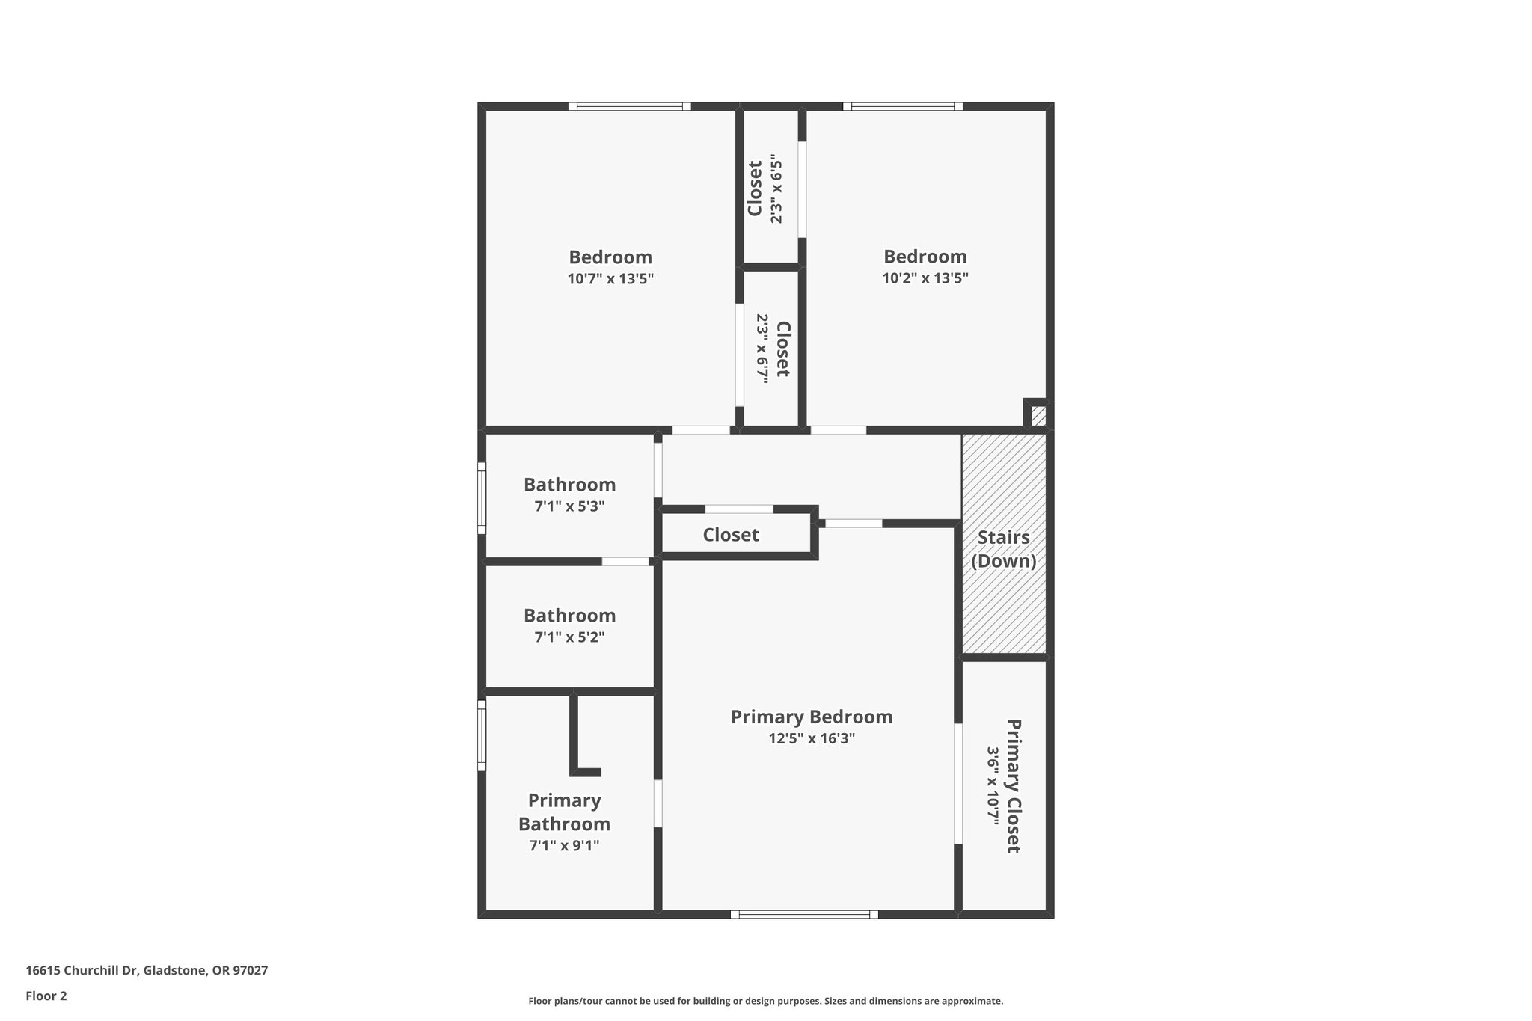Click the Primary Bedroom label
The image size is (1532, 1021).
(x=812, y=717)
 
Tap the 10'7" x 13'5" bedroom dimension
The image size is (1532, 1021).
(x=610, y=279)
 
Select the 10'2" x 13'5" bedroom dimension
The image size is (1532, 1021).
(x=925, y=278)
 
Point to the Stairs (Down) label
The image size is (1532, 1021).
(x=1003, y=549)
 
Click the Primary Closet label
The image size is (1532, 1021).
(x=1014, y=785)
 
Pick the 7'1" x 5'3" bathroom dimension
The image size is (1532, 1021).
(x=569, y=506)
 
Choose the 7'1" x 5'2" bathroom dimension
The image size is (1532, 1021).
(x=569, y=637)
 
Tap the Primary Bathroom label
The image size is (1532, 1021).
(x=565, y=812)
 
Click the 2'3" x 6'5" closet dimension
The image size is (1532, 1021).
(x=776, y=191)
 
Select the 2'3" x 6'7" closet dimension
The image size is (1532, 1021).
(x=762, y=349)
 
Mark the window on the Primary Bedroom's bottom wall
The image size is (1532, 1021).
(x=804, y=914)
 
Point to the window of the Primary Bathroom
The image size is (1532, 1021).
(x=482, y=735)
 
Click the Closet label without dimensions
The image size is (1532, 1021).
(x=731, y=535)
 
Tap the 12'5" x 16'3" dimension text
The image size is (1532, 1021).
(x=812, y=738)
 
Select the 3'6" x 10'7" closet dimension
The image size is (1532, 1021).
(x=993, y=785)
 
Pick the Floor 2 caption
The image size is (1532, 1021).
(x=46, y=996)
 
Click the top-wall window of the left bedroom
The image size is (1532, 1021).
(x=629, y=106)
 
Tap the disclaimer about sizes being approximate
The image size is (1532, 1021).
(x=765, y=1001)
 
